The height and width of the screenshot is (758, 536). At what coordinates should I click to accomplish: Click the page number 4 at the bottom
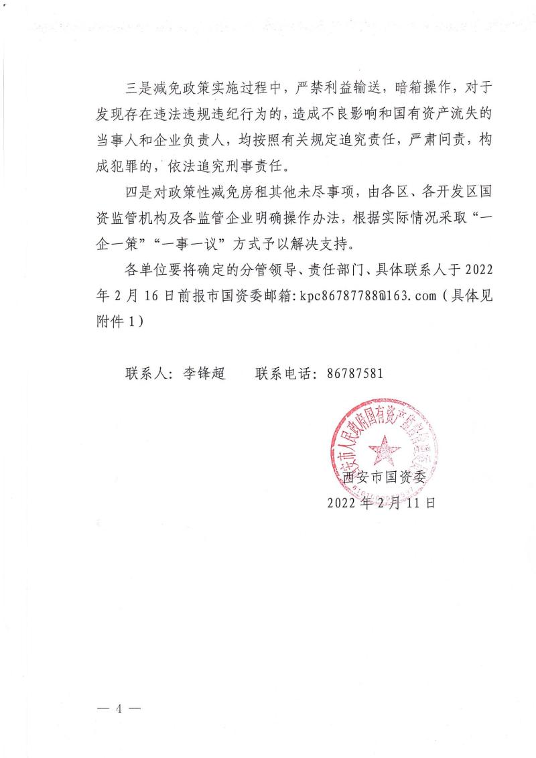pyautogui.click(x=119, y=708)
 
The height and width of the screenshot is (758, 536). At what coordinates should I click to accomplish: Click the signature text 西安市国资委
pyautogui.click(x=381, y=477)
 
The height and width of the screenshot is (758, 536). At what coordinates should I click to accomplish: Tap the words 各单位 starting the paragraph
pyautogui.click(x=146, y=270)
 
